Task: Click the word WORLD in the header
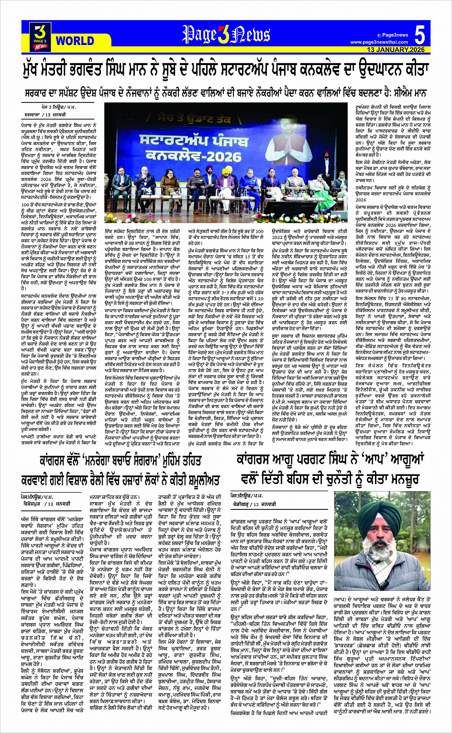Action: (x=75, y=40)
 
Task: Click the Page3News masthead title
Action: (x=226, y=35)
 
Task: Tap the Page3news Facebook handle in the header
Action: (x=395, y=35)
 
